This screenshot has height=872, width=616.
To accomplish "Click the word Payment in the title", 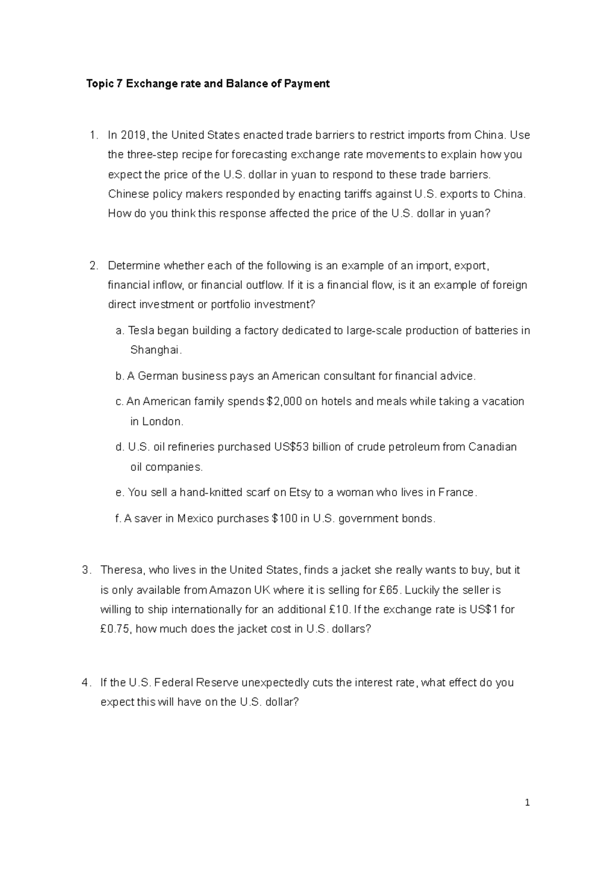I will coord(307,84).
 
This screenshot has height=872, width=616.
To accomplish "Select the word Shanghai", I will coord(156,350).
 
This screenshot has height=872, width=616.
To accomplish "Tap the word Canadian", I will coord(492,447).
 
